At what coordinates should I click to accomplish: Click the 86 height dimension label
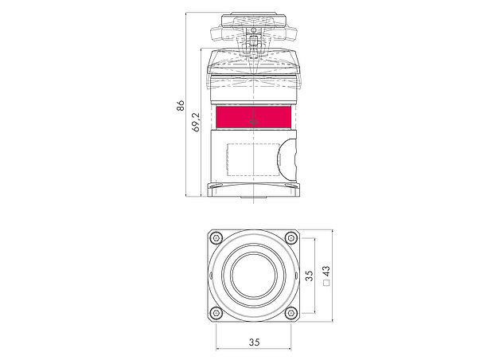coord(181,105)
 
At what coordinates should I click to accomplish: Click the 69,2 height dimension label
coord(196,122)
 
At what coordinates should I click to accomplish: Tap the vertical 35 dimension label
coord(309,276)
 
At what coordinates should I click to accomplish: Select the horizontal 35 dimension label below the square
coord(254,342)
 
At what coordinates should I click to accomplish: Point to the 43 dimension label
coord(326,272)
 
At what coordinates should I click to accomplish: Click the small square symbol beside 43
coord(326,283)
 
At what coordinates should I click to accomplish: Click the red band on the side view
coord(253,118)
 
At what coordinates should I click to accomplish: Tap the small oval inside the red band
coord(254,122)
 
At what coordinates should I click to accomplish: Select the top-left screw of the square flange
coord(216,238)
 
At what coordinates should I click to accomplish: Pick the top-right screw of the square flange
coord(291,238)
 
